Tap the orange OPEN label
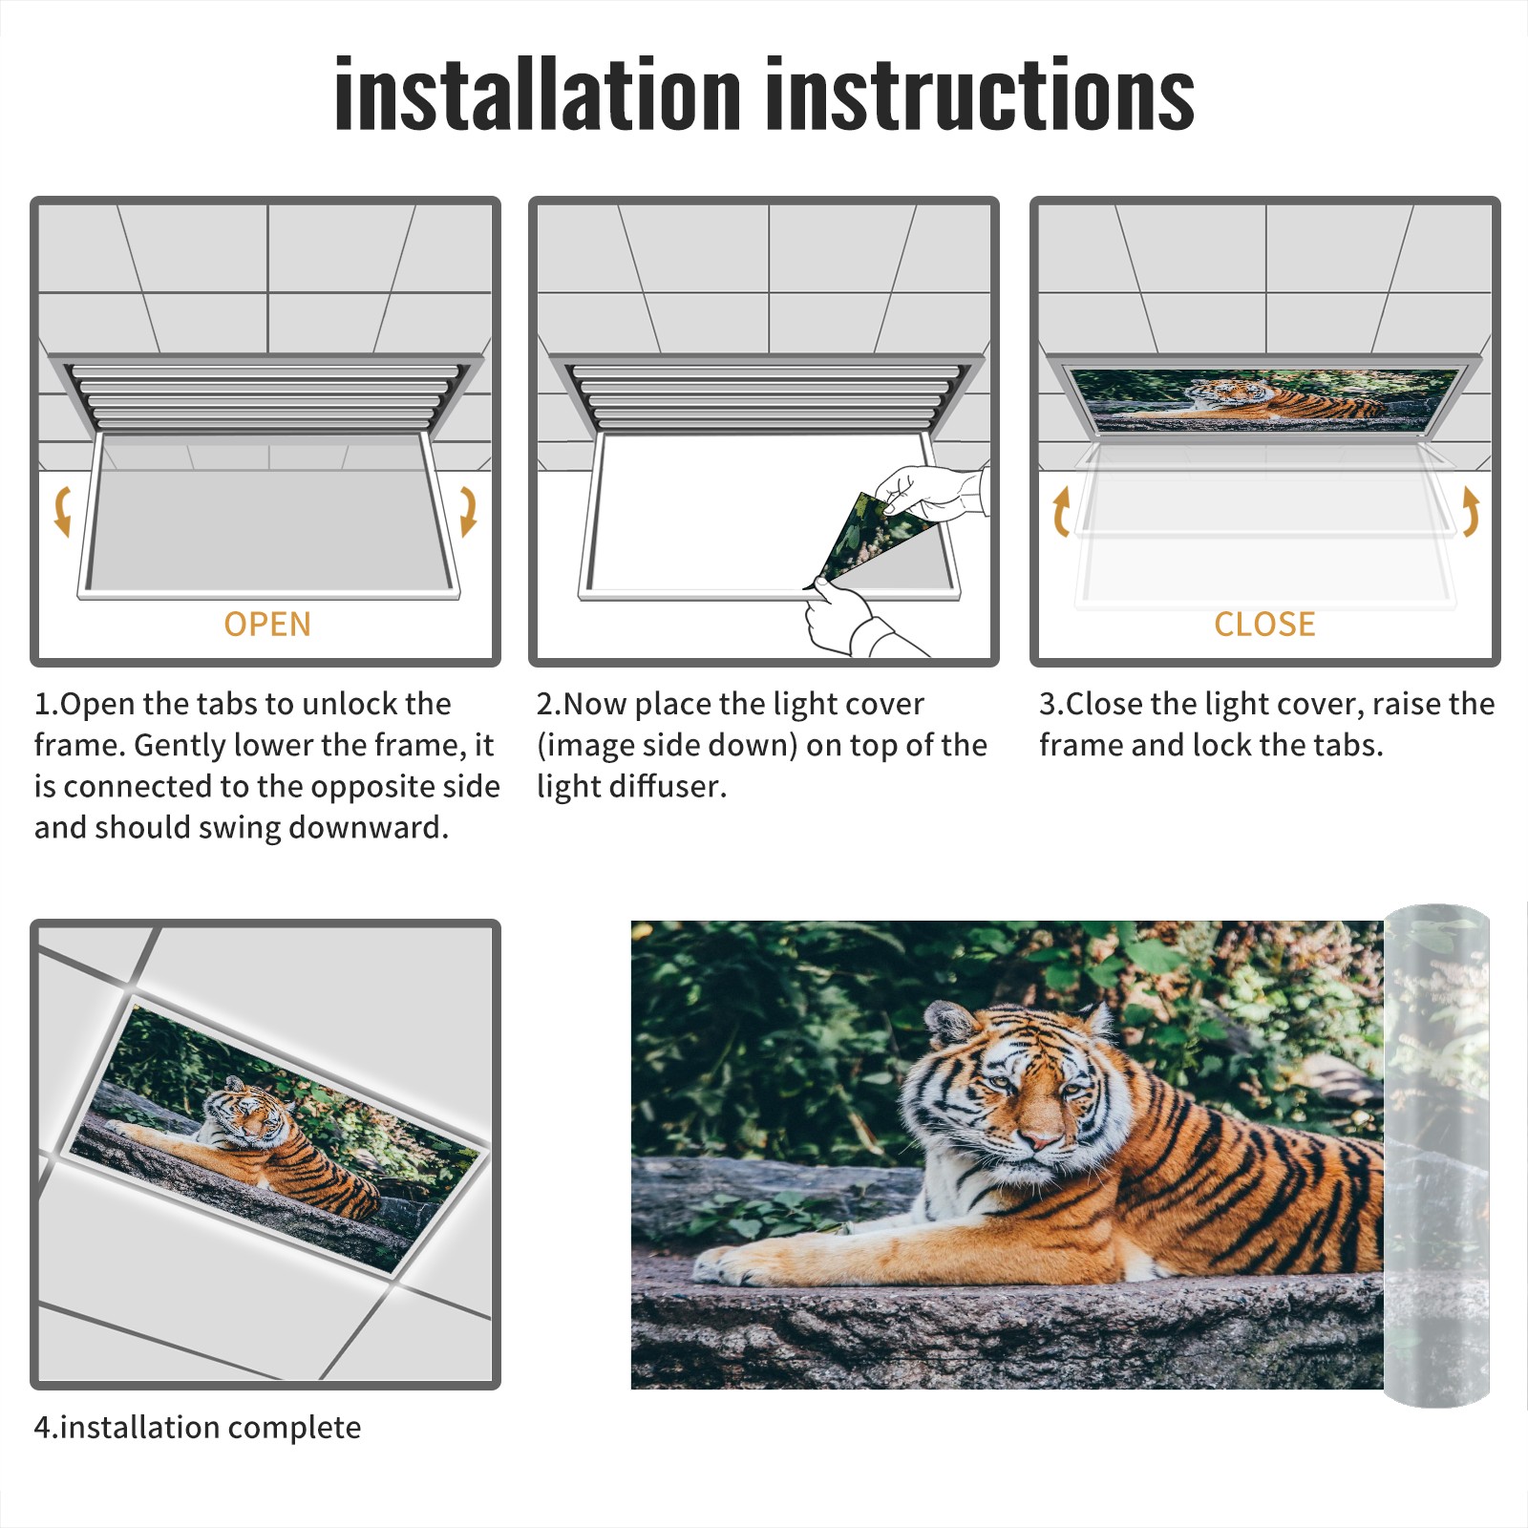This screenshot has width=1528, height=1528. pos(267,624)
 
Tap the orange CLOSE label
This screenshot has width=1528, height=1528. pos(1264,624)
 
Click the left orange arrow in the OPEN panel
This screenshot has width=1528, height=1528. pos(62,511)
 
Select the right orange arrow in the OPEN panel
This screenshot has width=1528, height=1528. pos(468,511)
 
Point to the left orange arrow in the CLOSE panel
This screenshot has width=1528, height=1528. pos(1060,511)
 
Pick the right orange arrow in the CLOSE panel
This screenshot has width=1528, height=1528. pos(1471,511)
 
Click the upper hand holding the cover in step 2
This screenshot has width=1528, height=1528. pos(931,492)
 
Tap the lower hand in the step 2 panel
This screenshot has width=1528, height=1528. pos(850,619)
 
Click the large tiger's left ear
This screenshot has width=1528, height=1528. pos(948,1022)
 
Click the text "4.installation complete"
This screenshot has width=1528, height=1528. pos(198,1427)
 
